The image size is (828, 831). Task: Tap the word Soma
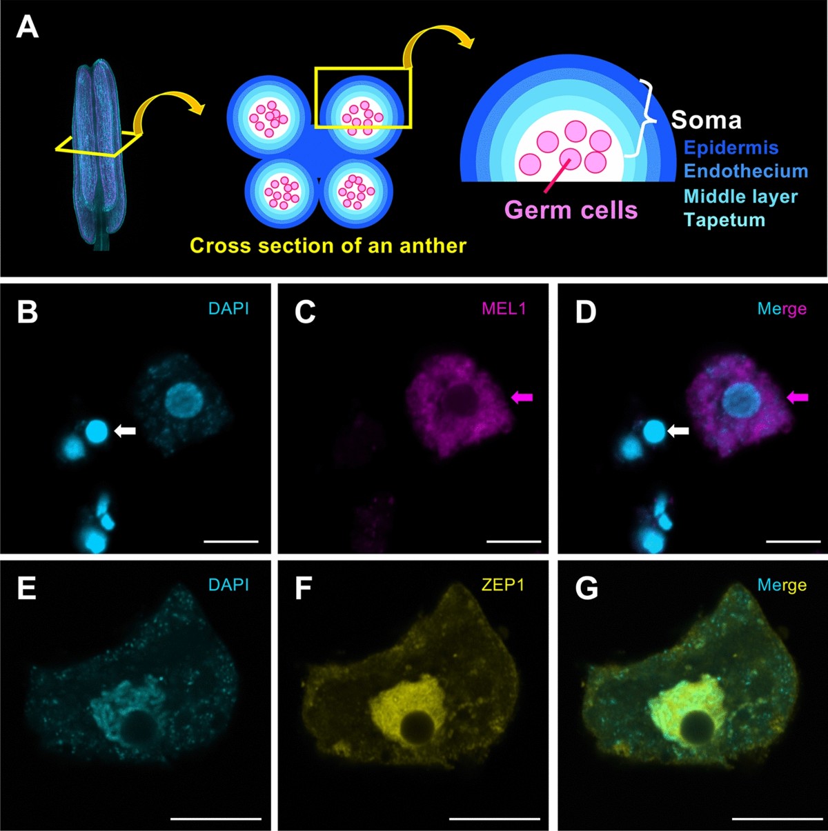706,121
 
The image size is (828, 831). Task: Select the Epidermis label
731,148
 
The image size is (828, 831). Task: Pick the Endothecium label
745,171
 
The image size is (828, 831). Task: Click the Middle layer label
740,197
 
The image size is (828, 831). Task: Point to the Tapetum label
724,220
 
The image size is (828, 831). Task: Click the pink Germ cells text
571,210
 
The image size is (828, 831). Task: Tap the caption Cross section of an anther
328,246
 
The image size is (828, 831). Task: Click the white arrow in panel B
126,431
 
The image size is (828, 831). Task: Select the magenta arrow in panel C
522,397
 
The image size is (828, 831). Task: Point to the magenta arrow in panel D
798,397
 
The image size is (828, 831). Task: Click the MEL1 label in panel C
504,308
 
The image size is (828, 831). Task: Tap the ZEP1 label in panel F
503,585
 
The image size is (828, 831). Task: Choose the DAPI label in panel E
228,585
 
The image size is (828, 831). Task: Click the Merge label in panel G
782,585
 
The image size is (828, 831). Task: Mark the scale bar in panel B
231,541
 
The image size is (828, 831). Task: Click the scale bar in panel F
494,819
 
